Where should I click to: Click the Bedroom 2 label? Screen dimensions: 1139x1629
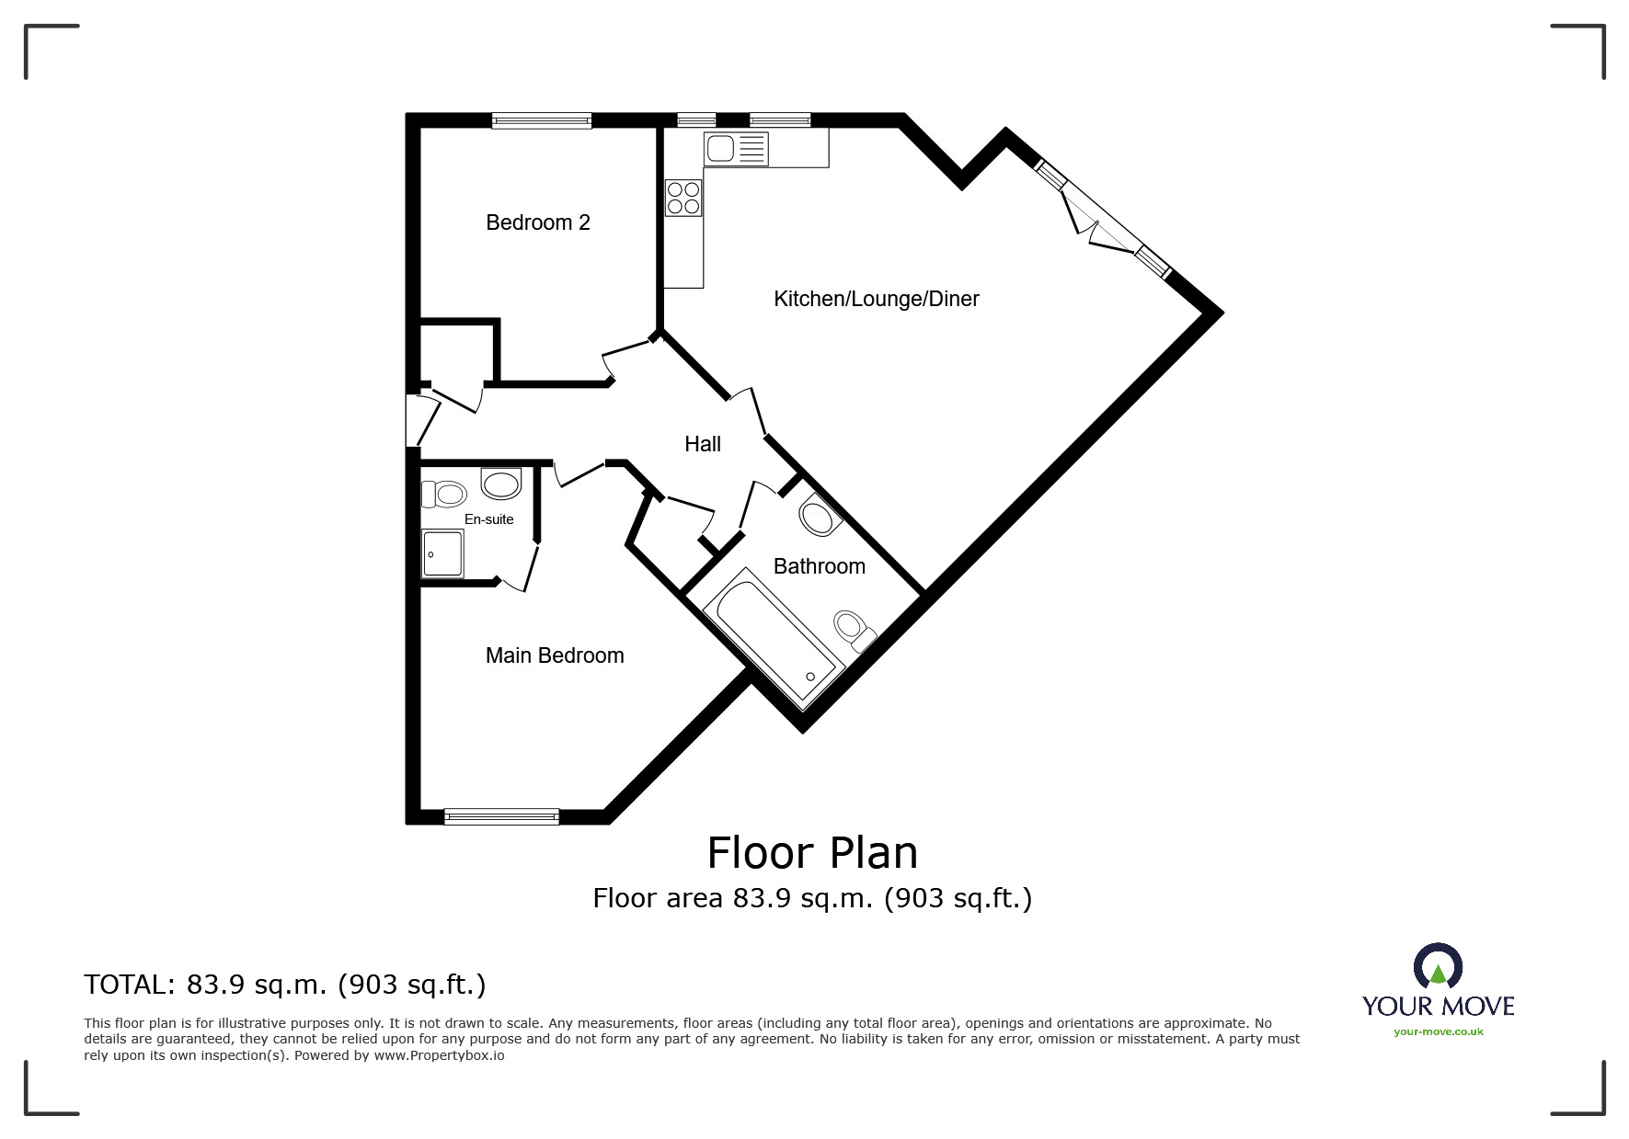click(538, 222)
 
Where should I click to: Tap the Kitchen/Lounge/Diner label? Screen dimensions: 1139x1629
click(876, 299)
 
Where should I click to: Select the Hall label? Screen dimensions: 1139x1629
click(703, 444)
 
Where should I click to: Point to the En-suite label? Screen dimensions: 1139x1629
click(488, 519)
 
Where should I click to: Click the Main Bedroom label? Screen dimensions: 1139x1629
click(555, 655)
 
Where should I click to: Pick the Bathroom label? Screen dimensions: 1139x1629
click(819, 566)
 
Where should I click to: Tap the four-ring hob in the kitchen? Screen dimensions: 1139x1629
click(683, 198)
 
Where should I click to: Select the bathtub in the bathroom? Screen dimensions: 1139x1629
click(774, 638)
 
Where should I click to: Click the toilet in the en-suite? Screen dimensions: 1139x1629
click(443, 494)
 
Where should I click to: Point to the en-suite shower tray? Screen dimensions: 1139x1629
click(442, 552)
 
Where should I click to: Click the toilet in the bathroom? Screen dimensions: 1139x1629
click(854, 630)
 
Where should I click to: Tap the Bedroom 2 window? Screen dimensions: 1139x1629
click(541, 120)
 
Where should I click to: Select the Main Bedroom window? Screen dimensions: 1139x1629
click(501, 815)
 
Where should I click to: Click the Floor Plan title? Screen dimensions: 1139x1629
click(812, 853)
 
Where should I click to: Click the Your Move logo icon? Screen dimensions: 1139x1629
click(1438, 966)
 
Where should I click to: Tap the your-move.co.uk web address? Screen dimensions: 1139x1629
click(1439, 1031)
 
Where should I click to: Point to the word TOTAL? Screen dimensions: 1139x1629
click(130, 985)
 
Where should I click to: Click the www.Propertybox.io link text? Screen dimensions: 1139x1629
click(439, 1055)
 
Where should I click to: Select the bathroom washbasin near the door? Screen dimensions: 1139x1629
click(818, 516)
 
